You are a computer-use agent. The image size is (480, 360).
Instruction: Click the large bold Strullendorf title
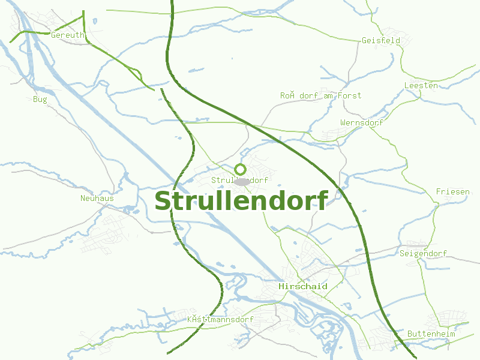(x=241, y=202)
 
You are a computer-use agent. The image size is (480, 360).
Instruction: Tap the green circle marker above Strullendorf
(x=241, y=169)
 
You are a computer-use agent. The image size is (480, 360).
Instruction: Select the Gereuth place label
(x=68, y=35)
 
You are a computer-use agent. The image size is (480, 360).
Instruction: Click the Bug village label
(x=40, y=99)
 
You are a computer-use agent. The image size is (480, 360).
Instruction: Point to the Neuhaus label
(x=97, y=198)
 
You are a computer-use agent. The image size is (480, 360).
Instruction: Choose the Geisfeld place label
(x=381, y=41)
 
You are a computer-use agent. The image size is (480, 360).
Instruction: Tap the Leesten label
(x=421, y=86)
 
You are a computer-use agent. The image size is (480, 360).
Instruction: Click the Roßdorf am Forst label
(x=320, y=95)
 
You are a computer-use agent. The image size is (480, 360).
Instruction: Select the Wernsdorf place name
(x=361, y=123)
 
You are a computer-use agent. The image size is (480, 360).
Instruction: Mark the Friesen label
(x=452, y=191)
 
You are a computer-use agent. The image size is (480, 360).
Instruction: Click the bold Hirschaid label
(x=303, y=287)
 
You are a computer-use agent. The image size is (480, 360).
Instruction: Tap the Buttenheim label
(x=431, y=334)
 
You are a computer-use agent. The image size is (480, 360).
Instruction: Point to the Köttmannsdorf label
(x=220, y=319)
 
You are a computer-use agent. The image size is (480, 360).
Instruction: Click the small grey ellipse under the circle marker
(x=242, y=181)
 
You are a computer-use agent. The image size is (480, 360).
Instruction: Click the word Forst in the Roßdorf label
(x=349, y=95)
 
